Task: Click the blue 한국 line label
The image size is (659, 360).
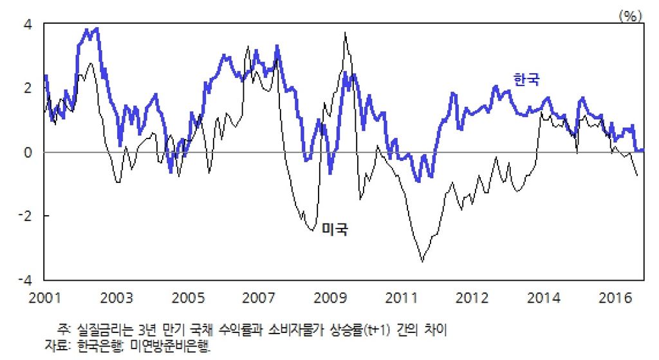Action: [526, 79]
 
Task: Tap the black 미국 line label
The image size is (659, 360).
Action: [335, 229]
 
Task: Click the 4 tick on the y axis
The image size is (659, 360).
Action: [29, 24]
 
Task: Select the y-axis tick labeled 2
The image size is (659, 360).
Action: [29, 88]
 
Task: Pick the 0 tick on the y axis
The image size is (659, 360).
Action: [29, 152]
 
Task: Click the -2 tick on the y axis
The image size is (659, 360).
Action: [26, 216]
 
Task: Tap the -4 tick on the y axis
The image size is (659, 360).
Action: [26, 279]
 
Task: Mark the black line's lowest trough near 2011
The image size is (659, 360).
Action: [422, 261]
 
